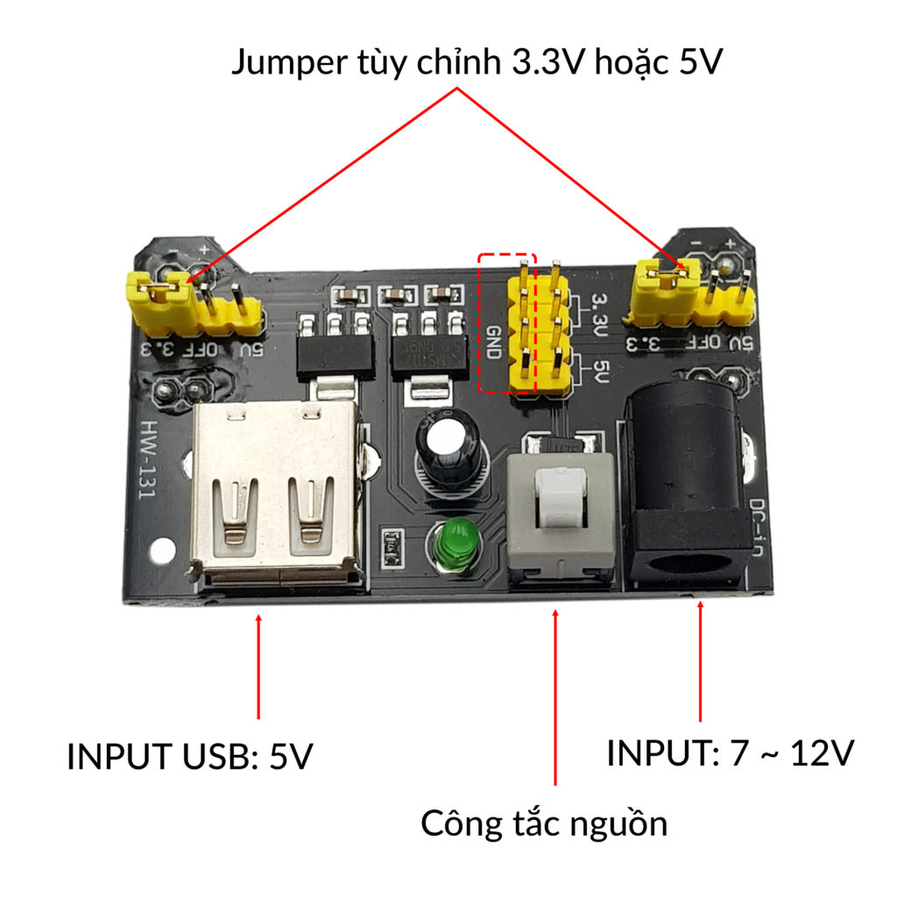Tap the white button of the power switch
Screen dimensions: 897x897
(x=560, y=496)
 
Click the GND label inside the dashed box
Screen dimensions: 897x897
(x=494, y=344)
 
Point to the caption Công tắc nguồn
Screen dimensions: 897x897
(x=544, y=823)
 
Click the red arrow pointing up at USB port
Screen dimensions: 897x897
(x=258, y=666)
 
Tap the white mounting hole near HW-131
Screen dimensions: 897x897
(x=160, y=553)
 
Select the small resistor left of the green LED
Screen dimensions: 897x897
(x=391, y=547)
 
